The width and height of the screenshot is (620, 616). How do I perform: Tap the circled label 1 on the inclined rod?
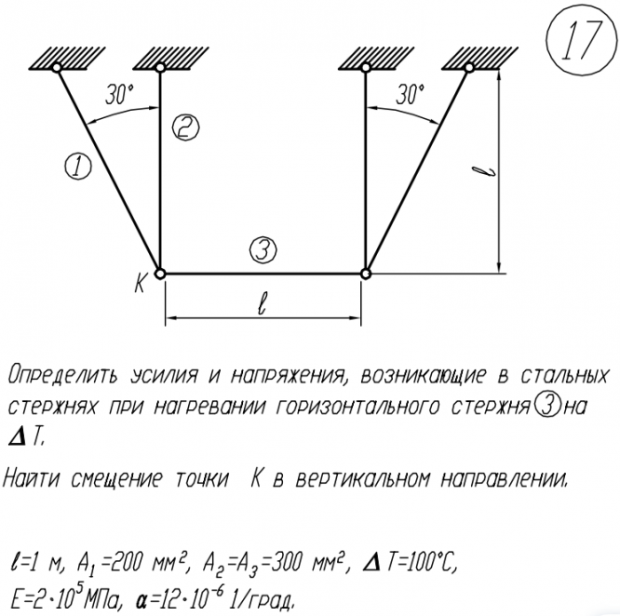tap(78, 167)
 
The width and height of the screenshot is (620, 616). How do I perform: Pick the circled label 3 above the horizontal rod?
tap(263, 248)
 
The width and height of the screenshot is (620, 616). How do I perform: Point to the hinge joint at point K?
tap(160, 274)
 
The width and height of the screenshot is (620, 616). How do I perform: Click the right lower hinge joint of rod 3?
tap(366, 274)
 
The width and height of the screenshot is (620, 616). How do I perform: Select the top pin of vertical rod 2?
tap(160, 67)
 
